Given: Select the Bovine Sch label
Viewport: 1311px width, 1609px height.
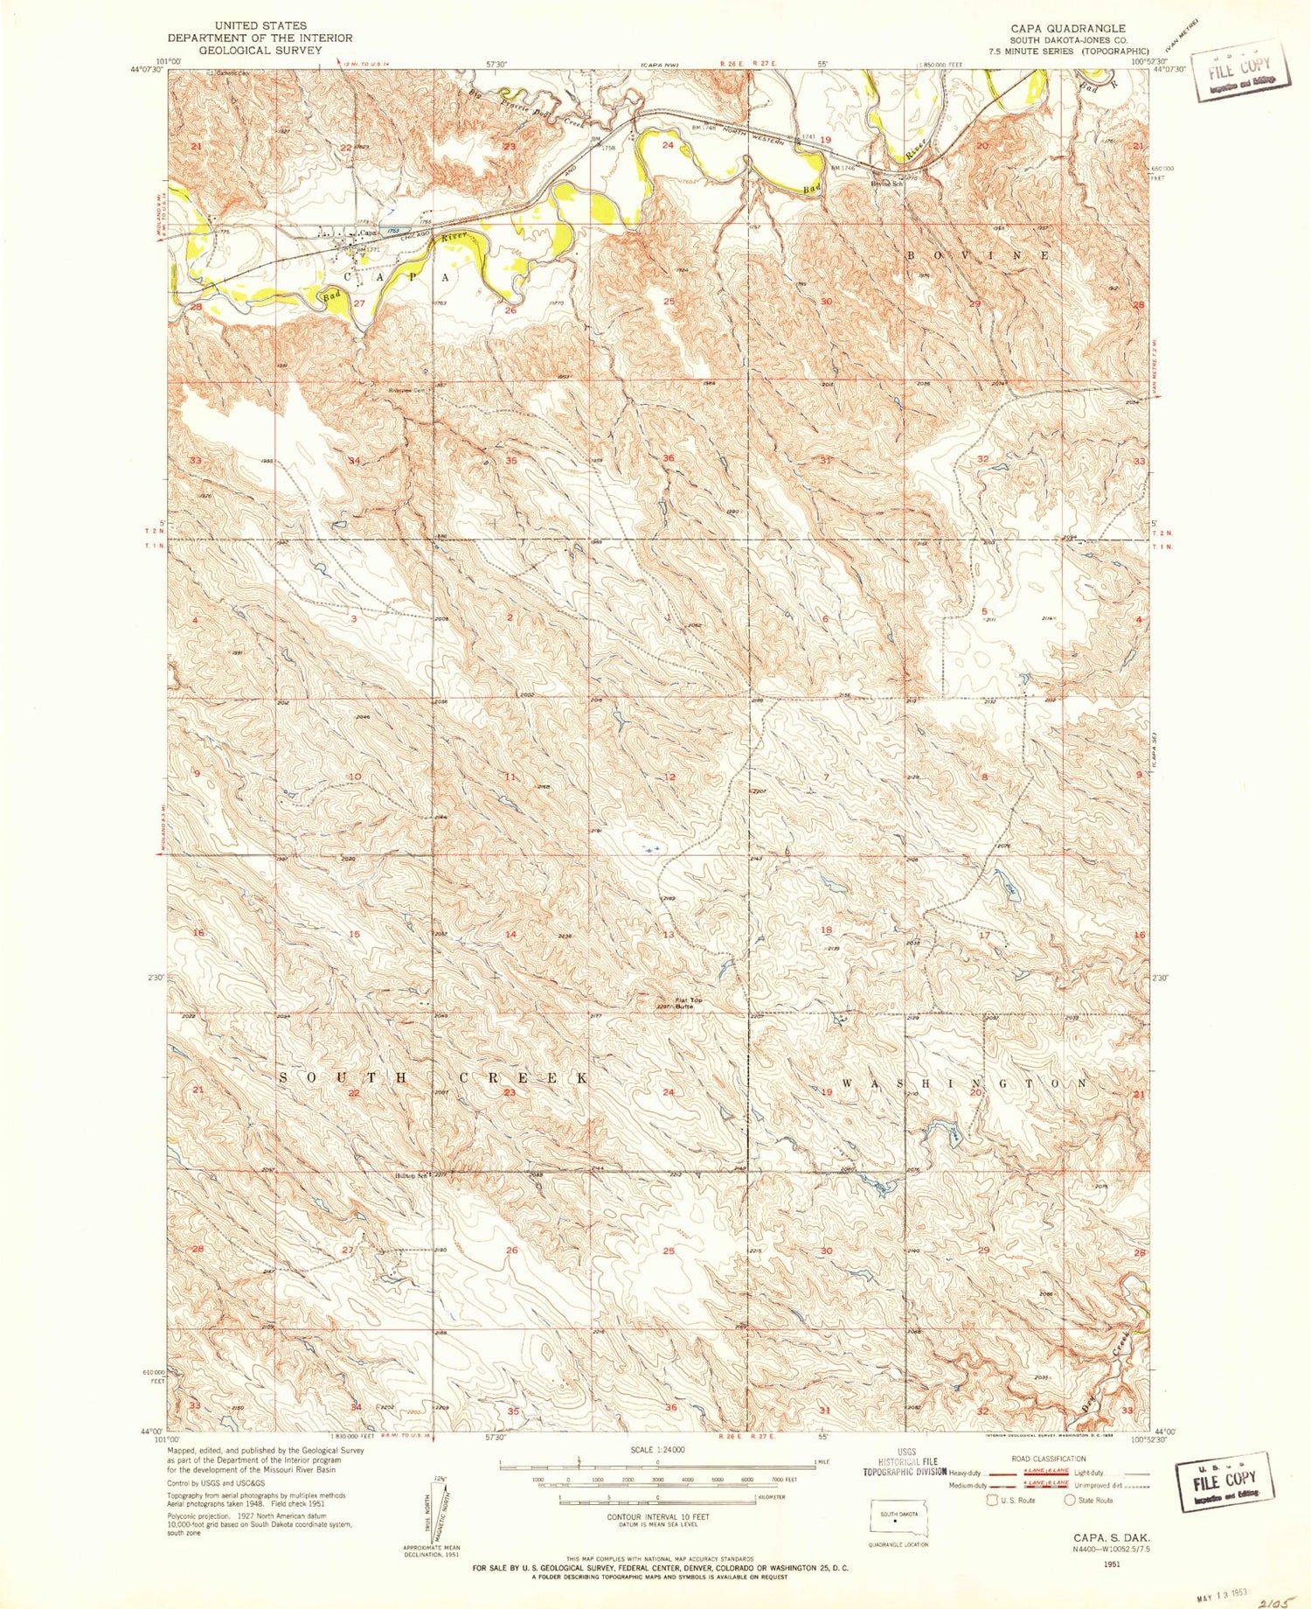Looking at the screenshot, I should pyautogui.click(x=885, y=184).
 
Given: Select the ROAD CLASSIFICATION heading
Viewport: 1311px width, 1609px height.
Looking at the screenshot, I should pyautogui.click(x=1048, y=1459).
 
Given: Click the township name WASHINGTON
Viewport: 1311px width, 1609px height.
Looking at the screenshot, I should pyautogui.click(x=966, y=1083).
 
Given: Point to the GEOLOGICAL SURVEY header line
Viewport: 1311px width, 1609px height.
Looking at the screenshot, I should pyautogui.click(x=260, y=50).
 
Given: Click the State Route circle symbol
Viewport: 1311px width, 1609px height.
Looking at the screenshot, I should pyautogui.click(x=1070, y=1500).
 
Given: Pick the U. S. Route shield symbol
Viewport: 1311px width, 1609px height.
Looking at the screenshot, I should pyautogui.click(x=991, y=1500).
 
